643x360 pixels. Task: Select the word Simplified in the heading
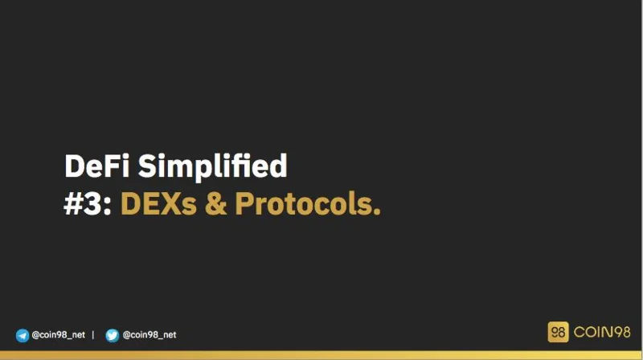point(212,168)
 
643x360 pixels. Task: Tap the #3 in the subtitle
point(82,204)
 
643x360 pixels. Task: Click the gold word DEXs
point(158,204)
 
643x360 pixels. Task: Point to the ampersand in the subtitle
point(215,204)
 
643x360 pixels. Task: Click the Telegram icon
point(23,335)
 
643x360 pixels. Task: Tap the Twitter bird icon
point(112,335)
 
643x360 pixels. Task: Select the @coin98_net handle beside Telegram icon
point(58,335)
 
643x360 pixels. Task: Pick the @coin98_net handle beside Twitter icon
point(149,335)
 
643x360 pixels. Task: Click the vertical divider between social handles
point(93,335)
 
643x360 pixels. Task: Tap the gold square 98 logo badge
point(558,332)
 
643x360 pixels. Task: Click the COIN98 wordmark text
point(602,332)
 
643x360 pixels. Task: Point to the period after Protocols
point(377,211)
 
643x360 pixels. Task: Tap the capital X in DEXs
point(170,204)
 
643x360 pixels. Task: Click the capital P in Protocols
point(245,204)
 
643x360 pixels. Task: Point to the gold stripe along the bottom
point(321,355)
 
